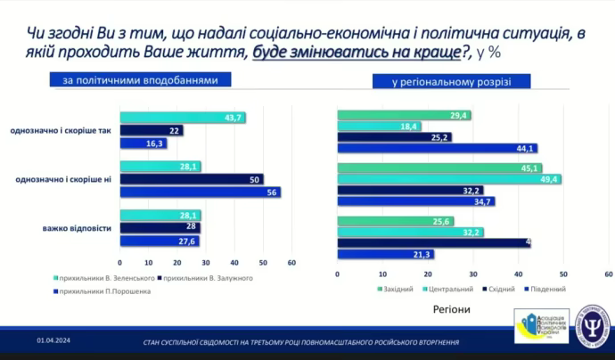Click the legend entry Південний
550,290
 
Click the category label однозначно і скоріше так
61,131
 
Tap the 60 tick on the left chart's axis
291,263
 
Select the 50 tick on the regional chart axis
562,274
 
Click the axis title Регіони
451,309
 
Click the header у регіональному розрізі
451,82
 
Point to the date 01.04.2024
53,340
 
